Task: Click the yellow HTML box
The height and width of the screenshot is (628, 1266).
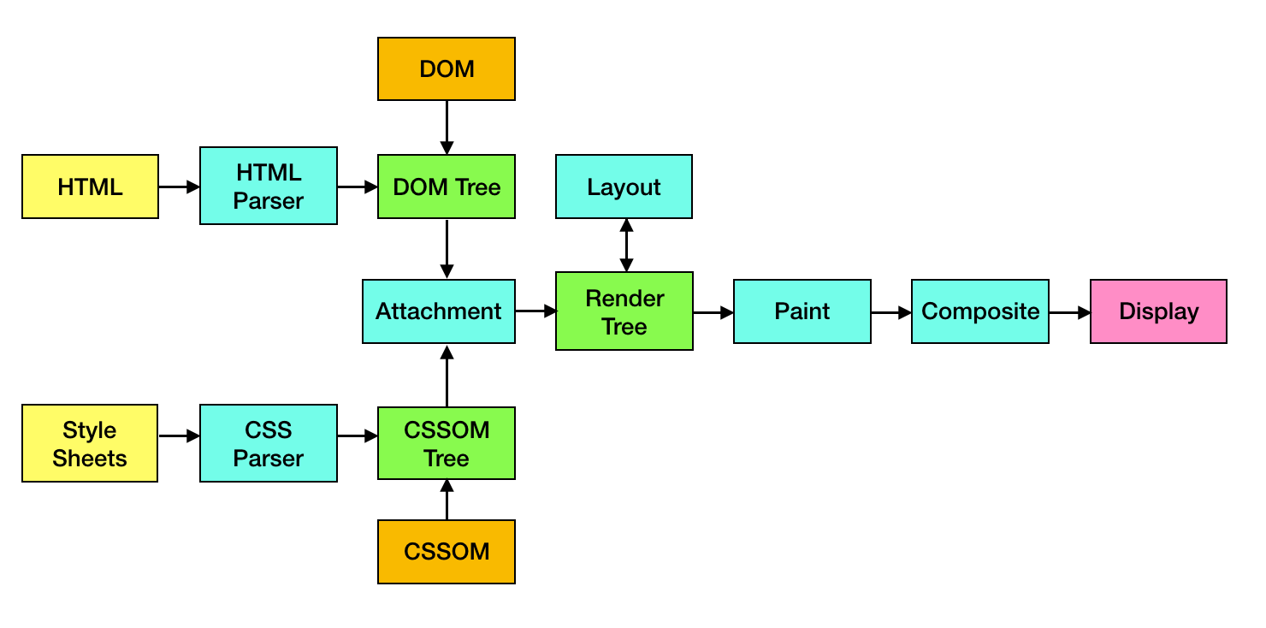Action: (90, 187)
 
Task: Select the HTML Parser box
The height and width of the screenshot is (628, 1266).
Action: (269, 187)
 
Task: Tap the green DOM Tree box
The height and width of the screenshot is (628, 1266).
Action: (447, 187)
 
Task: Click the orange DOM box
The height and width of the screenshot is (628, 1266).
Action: (447, 69)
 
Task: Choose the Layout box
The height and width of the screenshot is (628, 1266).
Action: (624, 187)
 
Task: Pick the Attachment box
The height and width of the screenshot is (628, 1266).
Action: (439, 311)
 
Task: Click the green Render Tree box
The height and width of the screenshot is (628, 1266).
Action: (624, 311)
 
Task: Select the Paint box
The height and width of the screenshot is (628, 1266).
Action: (802, 311)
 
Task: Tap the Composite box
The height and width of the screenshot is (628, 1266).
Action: (980, 311)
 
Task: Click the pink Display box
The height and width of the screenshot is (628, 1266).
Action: (1158, 311)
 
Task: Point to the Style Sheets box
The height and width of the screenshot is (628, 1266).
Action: (90, 443)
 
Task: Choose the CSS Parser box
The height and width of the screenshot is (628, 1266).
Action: (269, 443)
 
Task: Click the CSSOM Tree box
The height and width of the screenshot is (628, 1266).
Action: (447, 443)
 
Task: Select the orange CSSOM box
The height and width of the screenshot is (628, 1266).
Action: (447, 552)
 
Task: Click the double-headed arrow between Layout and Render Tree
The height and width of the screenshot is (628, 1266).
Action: (626, 246)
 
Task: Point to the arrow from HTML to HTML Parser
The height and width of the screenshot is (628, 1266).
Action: (179, 187)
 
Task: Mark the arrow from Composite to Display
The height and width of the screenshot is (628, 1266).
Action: (1069, 313)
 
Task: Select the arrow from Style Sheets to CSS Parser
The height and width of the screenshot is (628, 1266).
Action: (179, 436)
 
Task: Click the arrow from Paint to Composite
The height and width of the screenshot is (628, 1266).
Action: (891, 313)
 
